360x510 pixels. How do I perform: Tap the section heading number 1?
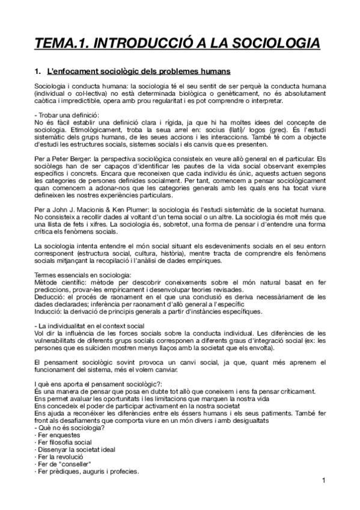pos(38,72)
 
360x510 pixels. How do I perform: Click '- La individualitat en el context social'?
pos(90,325)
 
